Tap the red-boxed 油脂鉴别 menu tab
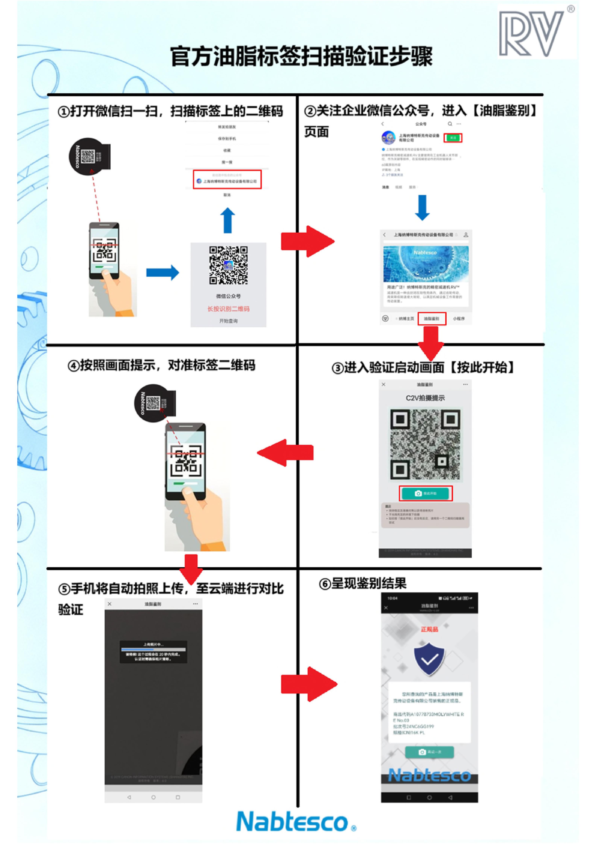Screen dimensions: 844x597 tap(432, 319)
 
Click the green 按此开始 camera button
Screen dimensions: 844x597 tap(426, 493)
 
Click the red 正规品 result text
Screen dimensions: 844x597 tap(429, 629)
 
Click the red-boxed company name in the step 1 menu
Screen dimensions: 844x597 tap(227, 180)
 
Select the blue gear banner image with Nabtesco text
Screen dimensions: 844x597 tap(426, 263)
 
